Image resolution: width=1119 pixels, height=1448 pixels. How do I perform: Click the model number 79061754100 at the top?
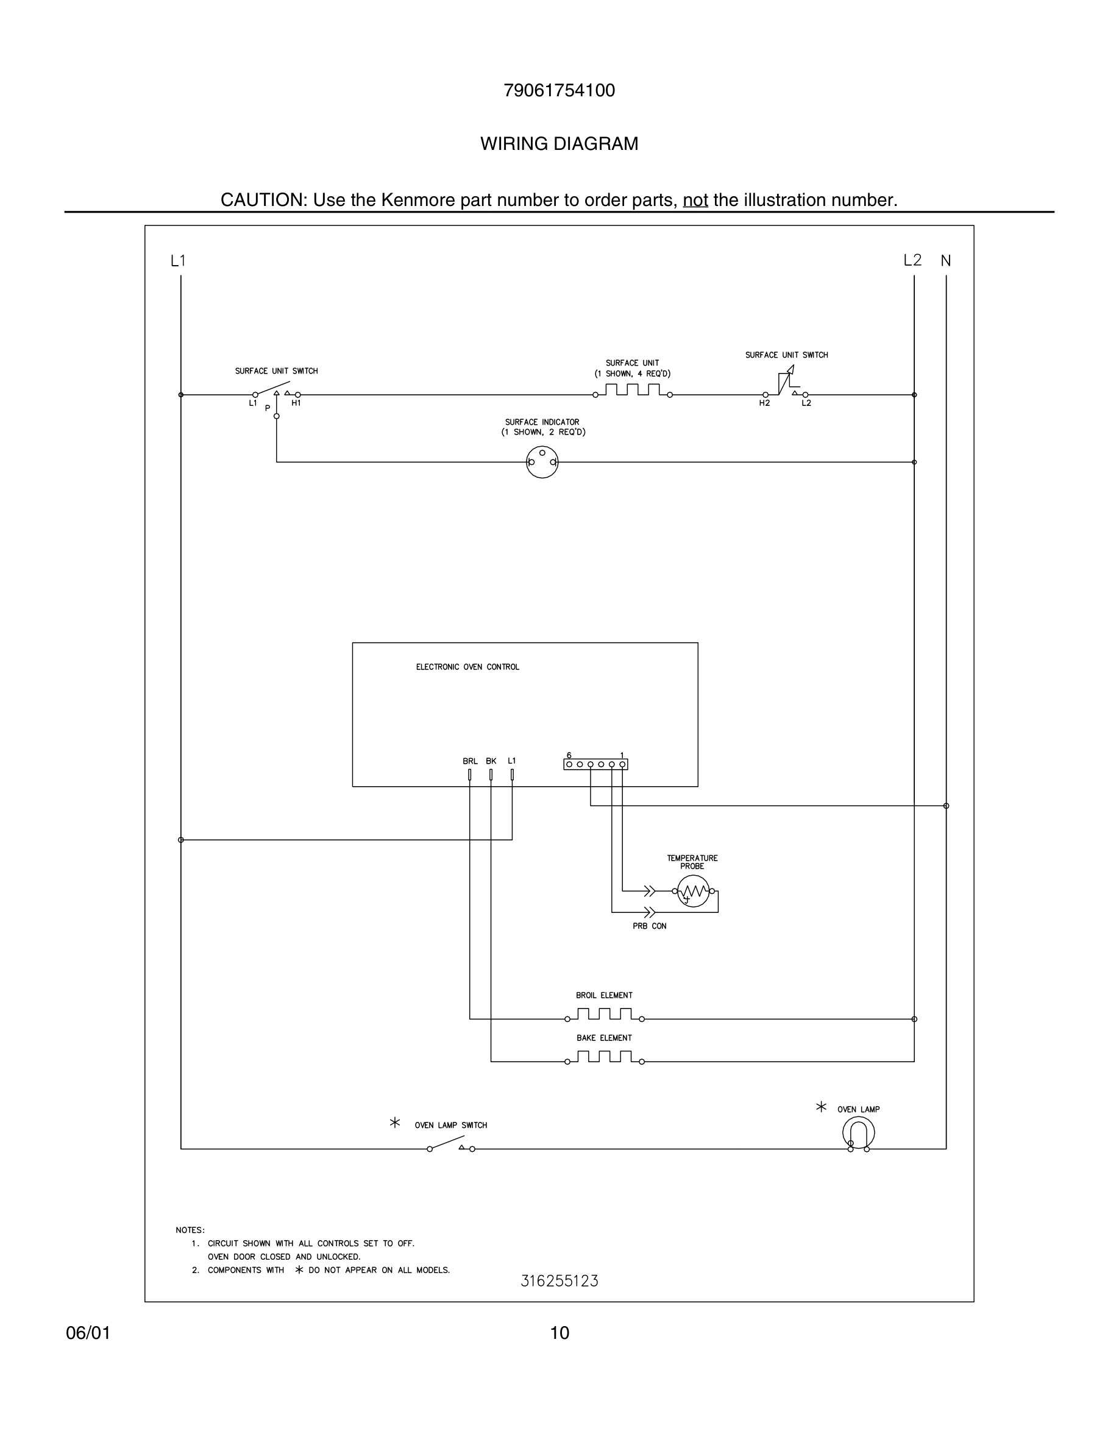tap(559, 91)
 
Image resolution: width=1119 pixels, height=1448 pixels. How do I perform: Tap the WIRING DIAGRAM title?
tap(559, 144)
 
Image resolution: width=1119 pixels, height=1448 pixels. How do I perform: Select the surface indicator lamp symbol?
tap(542, 462)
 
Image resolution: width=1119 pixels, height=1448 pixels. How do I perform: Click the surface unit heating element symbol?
tap(633, 390)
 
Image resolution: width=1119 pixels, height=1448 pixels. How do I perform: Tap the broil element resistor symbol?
tap(605, 1015)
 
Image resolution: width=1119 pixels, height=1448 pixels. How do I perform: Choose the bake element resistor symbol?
tap(605, 1057)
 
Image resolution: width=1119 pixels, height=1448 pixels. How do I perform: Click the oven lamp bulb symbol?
tap(859, 1133)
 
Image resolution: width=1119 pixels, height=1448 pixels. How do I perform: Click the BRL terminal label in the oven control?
tap(470, 761)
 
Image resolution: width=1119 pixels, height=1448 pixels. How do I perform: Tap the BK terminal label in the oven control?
tap(491, 761)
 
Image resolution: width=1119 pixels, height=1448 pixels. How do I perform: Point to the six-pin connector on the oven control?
tap(595, 764)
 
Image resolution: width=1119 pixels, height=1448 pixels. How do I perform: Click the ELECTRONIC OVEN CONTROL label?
tap(467, 667)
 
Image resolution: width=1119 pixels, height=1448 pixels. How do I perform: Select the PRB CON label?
tap(649, 926)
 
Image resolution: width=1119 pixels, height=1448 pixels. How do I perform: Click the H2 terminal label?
tap(764, 403)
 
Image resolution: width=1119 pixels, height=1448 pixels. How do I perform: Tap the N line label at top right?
tap(945, 261)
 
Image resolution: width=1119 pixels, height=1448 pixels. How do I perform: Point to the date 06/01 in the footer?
tap(88, 1333)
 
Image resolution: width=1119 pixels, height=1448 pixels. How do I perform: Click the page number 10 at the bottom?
tap(559, 1333)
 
